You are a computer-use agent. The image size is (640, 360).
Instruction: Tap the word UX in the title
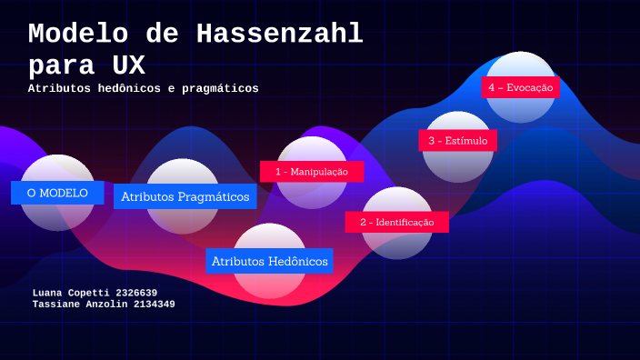click(x=126, y=66)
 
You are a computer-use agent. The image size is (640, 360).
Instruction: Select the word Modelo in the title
click(x=78, y=35)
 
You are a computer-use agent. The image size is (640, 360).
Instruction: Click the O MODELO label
click(x=57, y=193)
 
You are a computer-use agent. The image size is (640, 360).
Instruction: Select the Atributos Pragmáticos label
click(x=185, y=196)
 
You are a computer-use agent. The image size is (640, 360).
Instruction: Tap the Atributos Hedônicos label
click(x=269, y=261)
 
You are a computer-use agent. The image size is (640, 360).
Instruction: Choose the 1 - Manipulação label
click(x=311, y=171)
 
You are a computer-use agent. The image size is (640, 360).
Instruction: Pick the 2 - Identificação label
click(x=396, y=222)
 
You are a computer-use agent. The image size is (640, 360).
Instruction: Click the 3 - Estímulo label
click(x=458, y=141)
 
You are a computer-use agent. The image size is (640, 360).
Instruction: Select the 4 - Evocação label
click(x=520, y=87)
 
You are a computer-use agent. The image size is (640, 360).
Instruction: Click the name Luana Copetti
click(x=71, y=293)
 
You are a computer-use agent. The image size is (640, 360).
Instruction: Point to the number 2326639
click(x=136, y=293)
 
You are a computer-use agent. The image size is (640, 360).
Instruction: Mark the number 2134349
click(x=154, y=305)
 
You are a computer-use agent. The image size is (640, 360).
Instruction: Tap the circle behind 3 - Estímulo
click(x=458, y=165)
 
